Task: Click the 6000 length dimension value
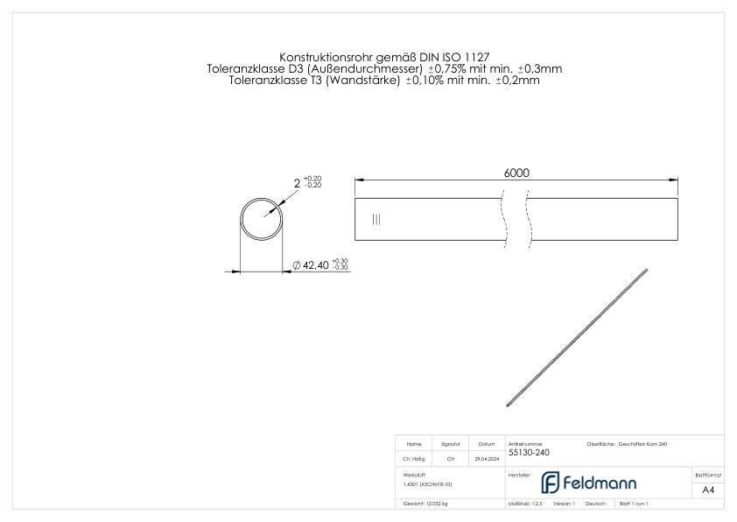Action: [516, 173]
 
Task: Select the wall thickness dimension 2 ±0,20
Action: [306, 183]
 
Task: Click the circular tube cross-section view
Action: [262, 218]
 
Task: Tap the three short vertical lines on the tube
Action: [376, 219]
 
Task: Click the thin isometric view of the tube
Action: [577, 336]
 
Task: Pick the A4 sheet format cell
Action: [708, 490]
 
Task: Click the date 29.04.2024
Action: [487, 458]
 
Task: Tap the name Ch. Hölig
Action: [414, 458]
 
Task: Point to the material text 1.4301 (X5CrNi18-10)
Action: [428, 483]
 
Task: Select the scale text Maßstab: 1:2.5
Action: [526, 504]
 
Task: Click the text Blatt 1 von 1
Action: [633, 504]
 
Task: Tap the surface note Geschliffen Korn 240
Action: [642, 444]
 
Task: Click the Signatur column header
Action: [451, 444]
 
